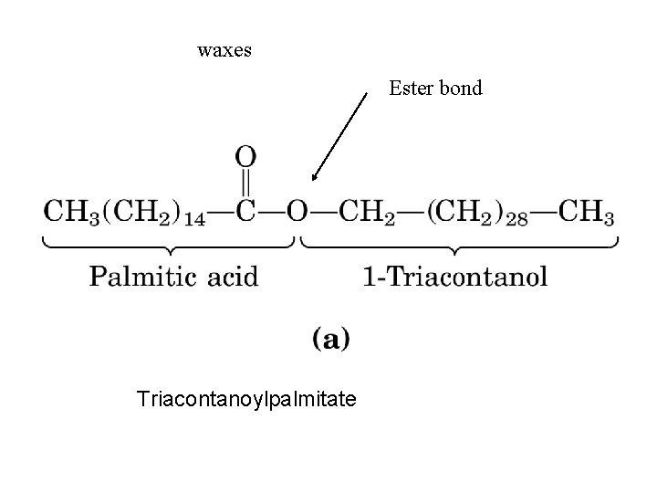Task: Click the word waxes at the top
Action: point(224,50)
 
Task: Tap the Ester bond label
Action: point(435,89)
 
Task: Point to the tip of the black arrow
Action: point(312,182)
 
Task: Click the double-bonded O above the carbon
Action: point(246,156)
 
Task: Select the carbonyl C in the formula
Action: point(246,211)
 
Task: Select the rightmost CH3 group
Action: point(587,213)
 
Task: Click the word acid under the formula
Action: point(232,276)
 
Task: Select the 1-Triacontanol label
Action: point(455,276)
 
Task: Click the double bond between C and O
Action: point(246,183)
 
